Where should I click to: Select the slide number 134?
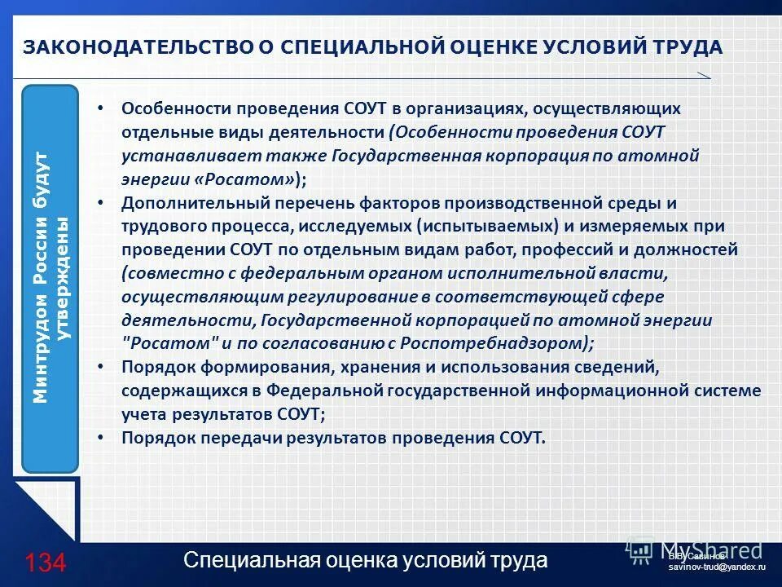click(x=45, y=563)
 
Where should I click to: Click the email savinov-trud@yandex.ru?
click(x=717, y=566)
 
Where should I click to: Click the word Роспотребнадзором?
click(x=504, y=343)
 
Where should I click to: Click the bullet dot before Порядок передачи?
click(x=100, y=438)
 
